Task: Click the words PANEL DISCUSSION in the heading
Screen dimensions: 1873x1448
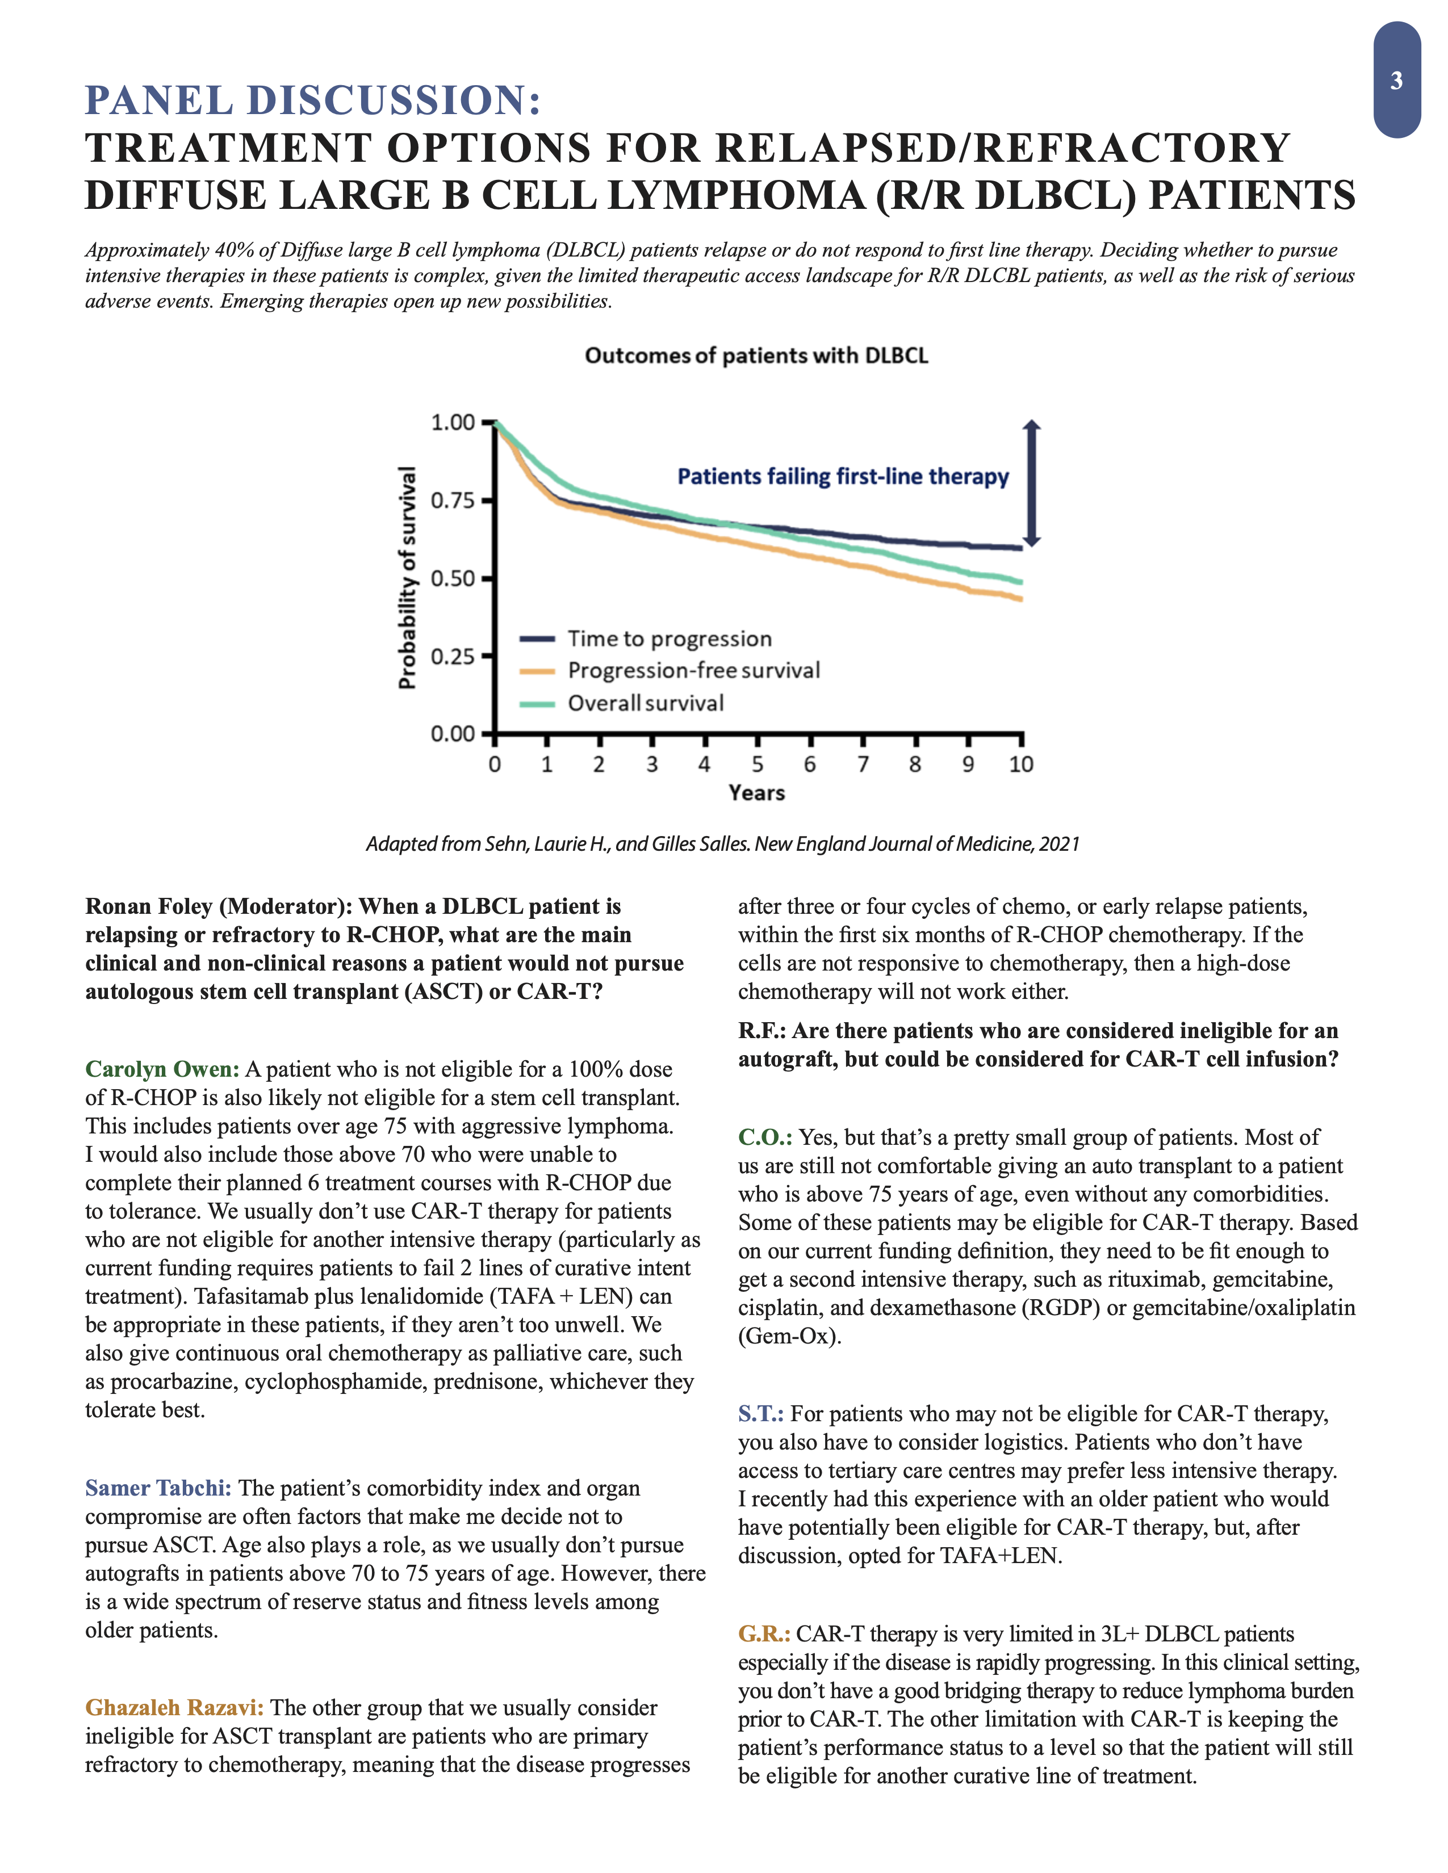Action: pyautogui.click(x=312, y=100)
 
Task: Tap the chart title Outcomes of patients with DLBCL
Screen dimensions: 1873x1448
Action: pyautogui.click(x=756, y=355)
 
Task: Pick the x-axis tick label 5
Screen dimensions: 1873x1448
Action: pyautogui.click(x=758, y=764)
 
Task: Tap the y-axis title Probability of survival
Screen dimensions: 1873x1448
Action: pyautogui.click(x=408, y=577)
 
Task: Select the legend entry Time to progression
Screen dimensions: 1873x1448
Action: pyautogui.click(x=669, y=639)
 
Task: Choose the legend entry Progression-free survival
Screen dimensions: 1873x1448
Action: pyautogui.click(x=693, y=671)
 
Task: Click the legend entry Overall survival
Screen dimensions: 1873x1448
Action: pyautogui.click(x=645, y=703)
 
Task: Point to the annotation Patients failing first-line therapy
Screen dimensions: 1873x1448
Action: pyautogui.click(x=842, y=477)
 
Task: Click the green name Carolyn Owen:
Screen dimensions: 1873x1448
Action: pyautogui.click(x=162, y=1069)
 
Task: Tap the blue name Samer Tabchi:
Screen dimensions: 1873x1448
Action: pyautogui.click(x=158, y=1488)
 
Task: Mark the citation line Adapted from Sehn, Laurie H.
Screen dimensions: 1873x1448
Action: pyautogui.click(x=722, y=844)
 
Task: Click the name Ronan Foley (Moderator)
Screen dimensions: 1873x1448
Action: pyautogui.click(x=218, y=906)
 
